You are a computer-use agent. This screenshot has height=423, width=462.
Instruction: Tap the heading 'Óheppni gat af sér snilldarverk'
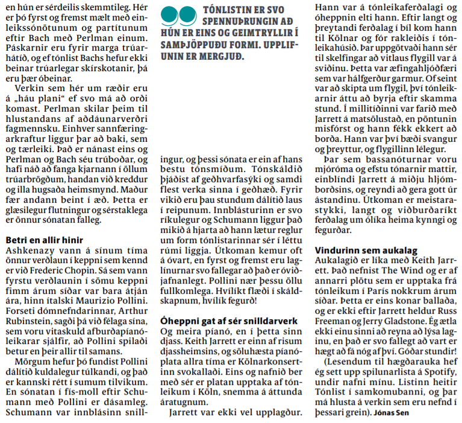click(x=229, y=320)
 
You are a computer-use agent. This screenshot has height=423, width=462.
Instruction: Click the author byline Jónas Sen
click(x=393, y=413)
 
